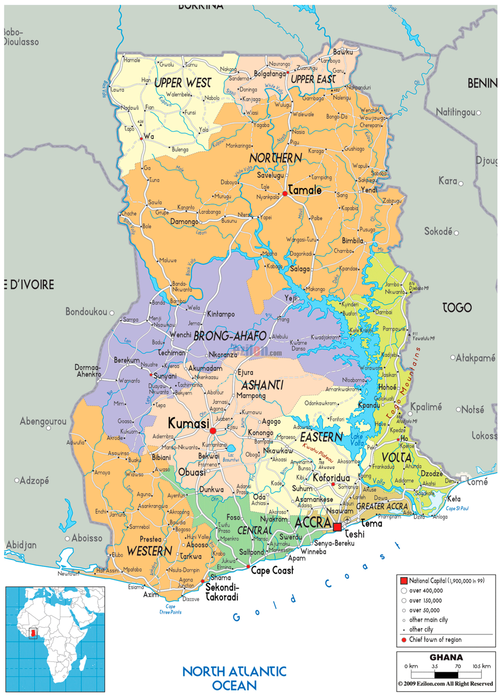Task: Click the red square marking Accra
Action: [x=337, y=527]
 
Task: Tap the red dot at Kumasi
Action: [x=213, y=431]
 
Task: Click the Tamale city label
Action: [x=305, y=190]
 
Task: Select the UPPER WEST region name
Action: [x=183, y=83]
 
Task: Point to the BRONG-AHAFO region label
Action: [x=230, y=336]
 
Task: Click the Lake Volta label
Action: [x=357, y=440]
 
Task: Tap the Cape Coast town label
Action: [x=272, y=571]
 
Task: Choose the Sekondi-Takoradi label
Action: [x=222, y=592]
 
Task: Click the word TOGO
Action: [x=457, y=308]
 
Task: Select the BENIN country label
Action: [x=482, y=84]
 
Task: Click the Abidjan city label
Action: [x=21, y=545]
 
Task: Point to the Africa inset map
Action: [x=55, y=639]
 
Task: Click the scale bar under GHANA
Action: [x=446, y=674]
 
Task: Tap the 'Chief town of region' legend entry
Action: [x=435, y=640]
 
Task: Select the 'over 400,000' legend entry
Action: [x=425, y=591]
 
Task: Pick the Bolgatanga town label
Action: [x=270, y=74]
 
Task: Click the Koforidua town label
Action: [x=332, y=478]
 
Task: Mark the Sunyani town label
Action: [x=165, y=376]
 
